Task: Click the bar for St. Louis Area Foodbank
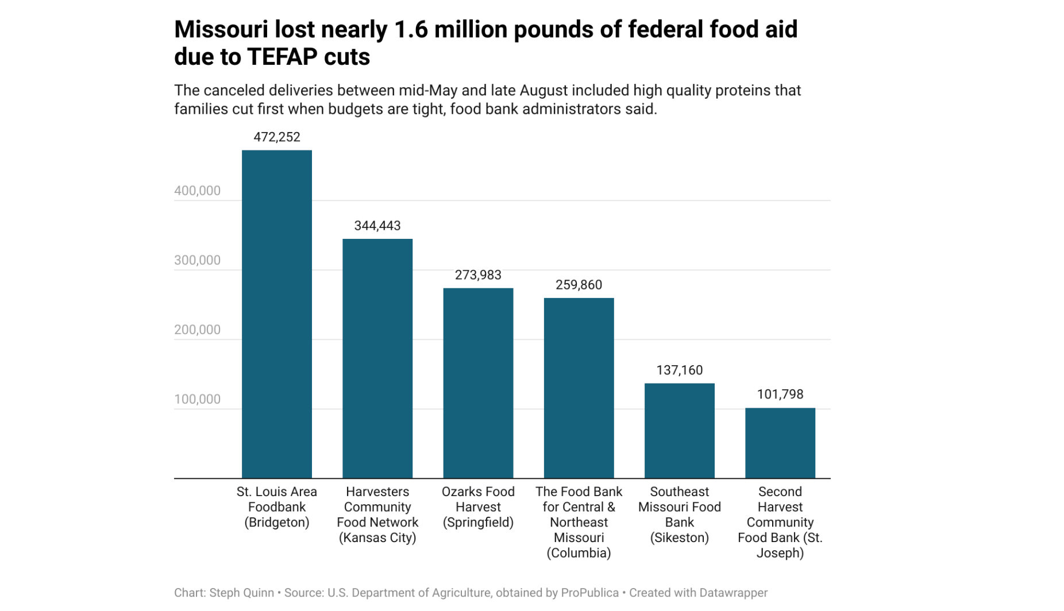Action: tap(276, 314)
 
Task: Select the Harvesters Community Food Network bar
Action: tap(377, 358)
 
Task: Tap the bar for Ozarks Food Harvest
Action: tap(478, 383)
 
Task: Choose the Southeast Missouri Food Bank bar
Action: tap(679, 431)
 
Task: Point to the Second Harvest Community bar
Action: tap(780, 443)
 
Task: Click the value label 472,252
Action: tap(276, 137)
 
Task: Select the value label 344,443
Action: tap(377, 226)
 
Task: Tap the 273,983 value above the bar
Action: tap(478, 275)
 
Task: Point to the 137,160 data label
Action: tap(679, 370)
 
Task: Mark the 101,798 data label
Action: tap(780, 395)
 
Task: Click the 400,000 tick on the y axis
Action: tap(197, 191)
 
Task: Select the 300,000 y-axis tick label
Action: tap(197, 260)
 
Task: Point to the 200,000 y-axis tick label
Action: tap(197, 330)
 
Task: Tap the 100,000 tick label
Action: tap(197, 399)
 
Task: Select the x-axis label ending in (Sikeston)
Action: tap(679, 515)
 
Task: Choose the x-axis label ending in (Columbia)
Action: tap(579, 522)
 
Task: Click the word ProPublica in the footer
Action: tap(589, 593)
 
